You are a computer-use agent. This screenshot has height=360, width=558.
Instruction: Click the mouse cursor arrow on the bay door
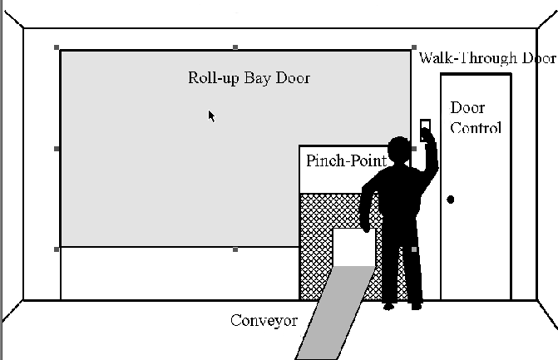212,116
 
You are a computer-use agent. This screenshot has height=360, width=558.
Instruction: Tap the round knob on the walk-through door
451,200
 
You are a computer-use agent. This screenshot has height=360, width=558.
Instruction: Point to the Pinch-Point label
345,160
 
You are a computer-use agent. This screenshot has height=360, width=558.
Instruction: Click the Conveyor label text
264,320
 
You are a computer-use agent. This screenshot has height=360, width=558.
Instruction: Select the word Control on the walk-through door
475,128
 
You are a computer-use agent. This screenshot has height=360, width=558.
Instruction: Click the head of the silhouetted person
399,150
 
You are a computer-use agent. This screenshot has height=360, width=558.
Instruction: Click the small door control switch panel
425,127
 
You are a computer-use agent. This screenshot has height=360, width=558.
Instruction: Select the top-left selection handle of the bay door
57,48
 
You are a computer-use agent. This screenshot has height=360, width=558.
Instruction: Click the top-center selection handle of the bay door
235,47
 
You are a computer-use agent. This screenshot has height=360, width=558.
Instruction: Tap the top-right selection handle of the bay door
414,47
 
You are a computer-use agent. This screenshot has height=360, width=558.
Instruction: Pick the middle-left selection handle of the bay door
57,149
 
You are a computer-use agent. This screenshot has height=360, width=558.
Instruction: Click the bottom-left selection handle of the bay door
57,249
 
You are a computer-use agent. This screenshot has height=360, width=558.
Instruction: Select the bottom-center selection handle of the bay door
235,249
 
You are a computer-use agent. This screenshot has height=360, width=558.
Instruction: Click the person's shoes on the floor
403,306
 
